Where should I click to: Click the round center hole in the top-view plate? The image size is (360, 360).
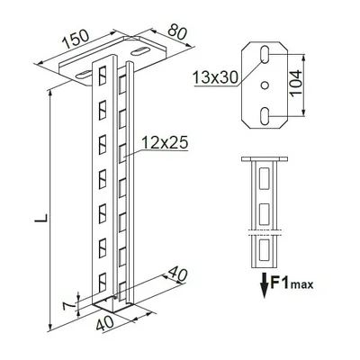(x=265, y=85)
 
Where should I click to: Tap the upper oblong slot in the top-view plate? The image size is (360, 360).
(x=265, y=58)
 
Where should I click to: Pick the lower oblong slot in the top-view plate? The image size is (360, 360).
(x=265, y=115)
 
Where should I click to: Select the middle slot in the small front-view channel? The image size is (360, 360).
(x=264, y=212)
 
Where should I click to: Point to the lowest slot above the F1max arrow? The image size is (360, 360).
(x=264, y=247)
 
